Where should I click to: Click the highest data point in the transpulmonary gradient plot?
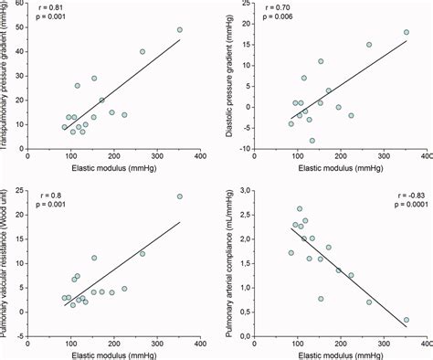click(x=180, y=29)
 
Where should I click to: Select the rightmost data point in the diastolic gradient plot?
click(x=407, y=32)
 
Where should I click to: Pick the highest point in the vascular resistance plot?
click(x=180, y=196)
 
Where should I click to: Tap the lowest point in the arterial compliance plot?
click(x=406, y=321)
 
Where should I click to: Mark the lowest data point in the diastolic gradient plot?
click(x=312, y=141)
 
